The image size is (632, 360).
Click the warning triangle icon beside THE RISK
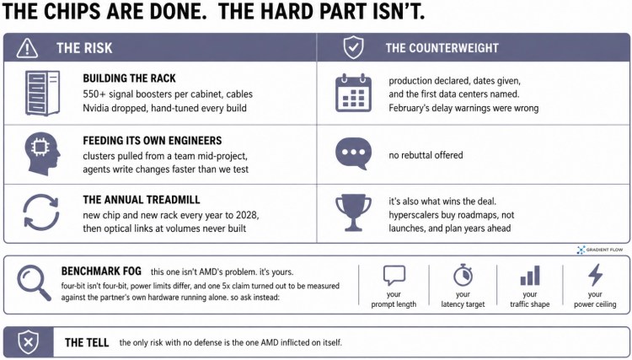tap(27, 48)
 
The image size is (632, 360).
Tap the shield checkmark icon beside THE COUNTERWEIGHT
tap(353, 47)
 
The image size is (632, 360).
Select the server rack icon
tap(42, 93)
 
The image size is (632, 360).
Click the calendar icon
tap(353, 93)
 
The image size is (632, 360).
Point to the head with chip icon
tap(42, 154)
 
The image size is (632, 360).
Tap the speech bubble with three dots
tap(353, 153)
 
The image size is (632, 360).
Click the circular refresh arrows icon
tap(41, 212)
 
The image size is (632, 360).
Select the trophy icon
tap(353, 213)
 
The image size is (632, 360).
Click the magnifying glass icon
tap(34, 283)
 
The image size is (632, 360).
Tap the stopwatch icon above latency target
tap(463, 275)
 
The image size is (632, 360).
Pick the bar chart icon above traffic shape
tap(530, 276)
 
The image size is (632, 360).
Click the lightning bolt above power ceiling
tap(595, 275)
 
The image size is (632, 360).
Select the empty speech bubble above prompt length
tap(394, 276)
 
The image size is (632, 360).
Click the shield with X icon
tap(28, 342)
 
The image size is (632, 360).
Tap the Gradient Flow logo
tap(600, 250)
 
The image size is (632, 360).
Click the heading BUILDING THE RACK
tap(130, 78)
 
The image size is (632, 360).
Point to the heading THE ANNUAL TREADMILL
tap(142, 200)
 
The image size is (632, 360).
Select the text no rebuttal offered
tap(426, 155)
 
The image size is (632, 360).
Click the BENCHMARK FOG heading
tap(101, 271)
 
